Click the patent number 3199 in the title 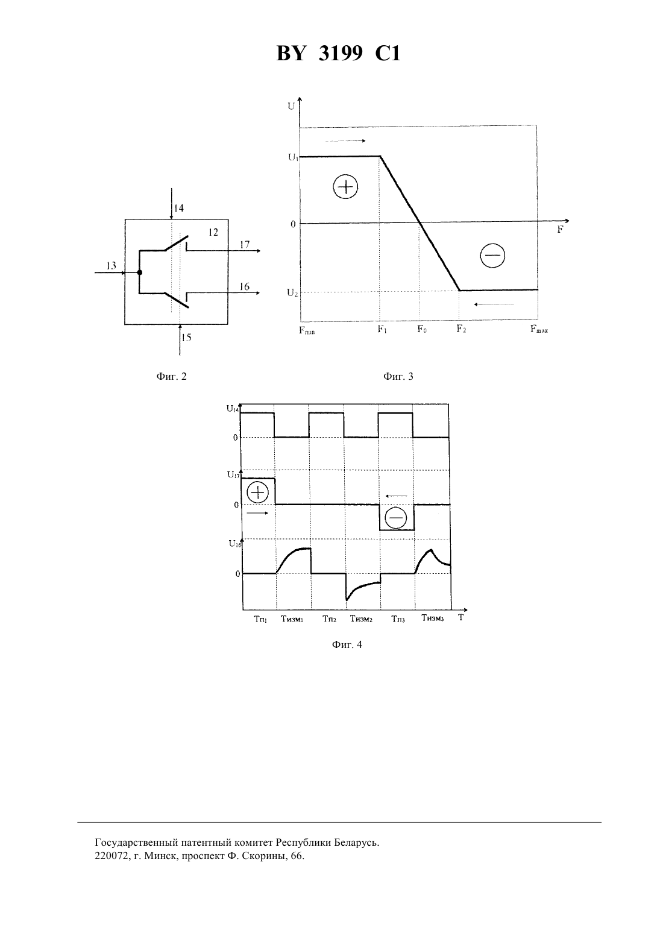point(340,54)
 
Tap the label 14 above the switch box point(179,208)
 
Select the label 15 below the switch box point(186,338)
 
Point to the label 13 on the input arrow point(111,265)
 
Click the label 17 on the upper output point(245,245)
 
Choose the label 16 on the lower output point(245,286)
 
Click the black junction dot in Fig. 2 point(140,272)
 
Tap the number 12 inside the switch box point(213,232)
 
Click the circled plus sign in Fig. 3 point(345,186)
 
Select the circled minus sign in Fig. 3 point(492,256)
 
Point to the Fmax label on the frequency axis point(539,329)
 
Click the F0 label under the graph point(422,329)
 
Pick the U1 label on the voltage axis point(293,158)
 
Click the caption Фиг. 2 point(172,376)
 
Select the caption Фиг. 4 point(347,644)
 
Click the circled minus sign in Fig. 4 point(395,518)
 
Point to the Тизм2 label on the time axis point(361,618)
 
